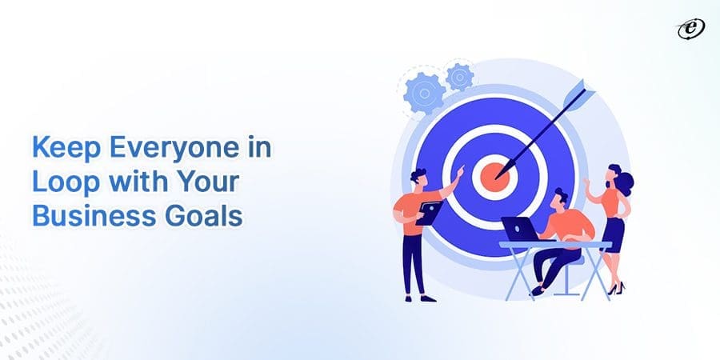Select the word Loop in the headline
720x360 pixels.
click(58, 183)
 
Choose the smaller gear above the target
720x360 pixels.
click(460, 76)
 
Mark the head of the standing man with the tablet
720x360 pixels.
click(418, 177)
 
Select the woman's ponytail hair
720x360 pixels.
click(626, 183)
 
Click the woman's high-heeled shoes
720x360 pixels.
click(614, 287)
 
